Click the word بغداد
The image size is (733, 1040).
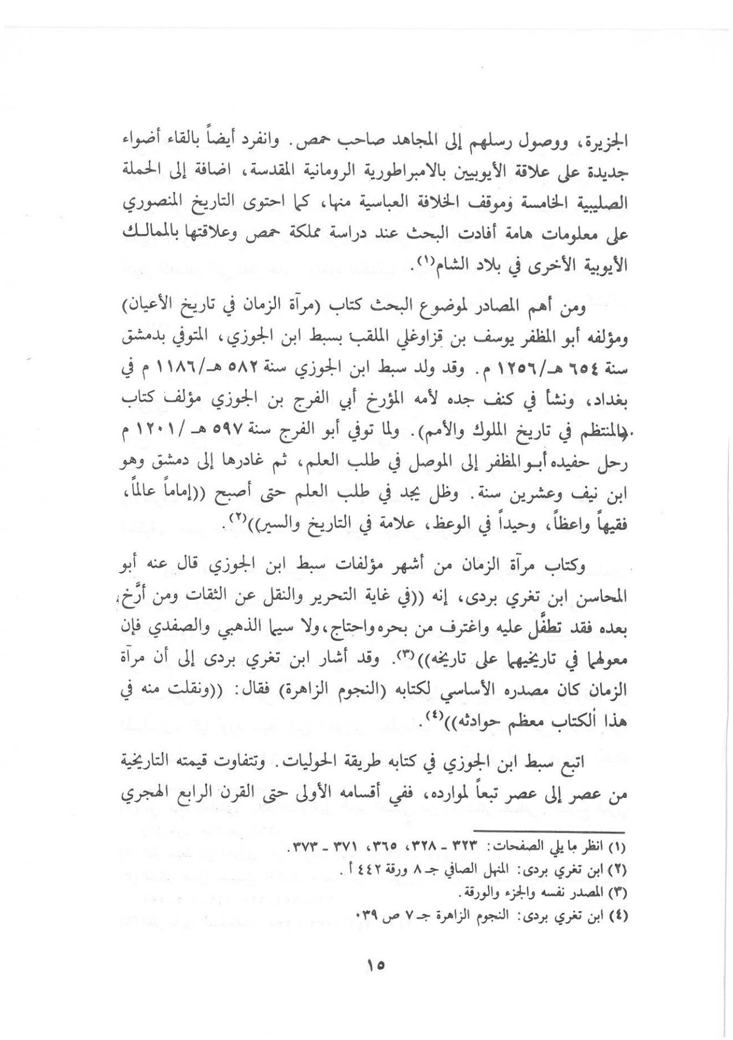(x=608, y=400)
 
